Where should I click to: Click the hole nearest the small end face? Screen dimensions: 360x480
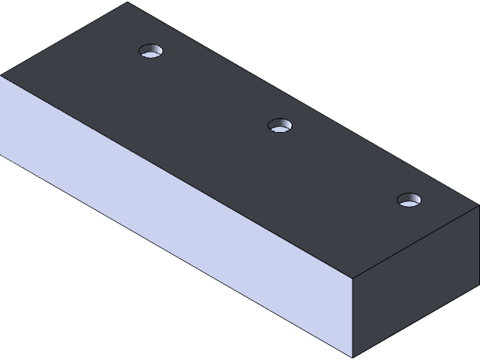click(409, 200)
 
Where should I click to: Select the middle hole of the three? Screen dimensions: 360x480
click(280, 125)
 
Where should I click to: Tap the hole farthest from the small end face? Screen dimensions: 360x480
click(151, 52)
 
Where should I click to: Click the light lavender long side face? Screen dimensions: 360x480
click(172, 217)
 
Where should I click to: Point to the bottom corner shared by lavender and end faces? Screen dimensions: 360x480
click(352, 357)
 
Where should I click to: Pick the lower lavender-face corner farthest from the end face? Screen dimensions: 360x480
click(1, 153)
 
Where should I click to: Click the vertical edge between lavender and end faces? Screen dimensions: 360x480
click(352, 315)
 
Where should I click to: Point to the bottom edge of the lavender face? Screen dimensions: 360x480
click(176, 255)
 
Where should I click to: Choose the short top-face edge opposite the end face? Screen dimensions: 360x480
click(64, 38)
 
